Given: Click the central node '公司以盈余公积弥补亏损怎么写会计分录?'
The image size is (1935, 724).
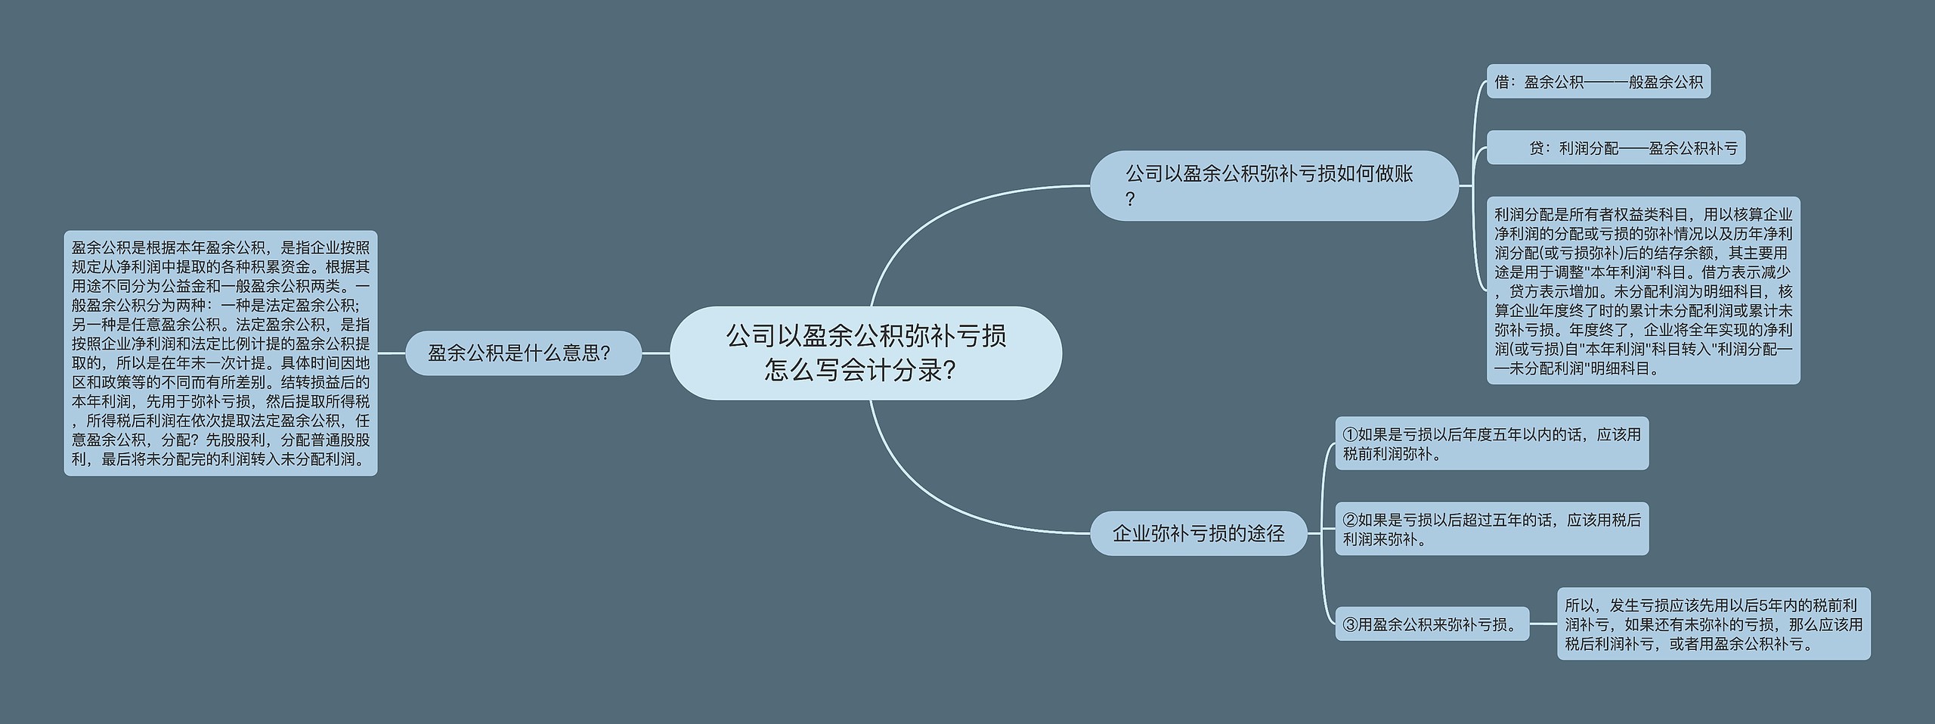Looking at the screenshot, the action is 865,353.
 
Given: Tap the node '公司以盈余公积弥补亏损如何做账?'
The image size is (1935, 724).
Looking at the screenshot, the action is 1274,185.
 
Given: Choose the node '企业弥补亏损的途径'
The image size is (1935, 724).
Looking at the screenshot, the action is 1198,533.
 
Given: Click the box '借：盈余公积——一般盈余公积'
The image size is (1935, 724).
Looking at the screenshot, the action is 1598,82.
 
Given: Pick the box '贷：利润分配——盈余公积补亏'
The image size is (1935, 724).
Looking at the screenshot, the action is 1616,148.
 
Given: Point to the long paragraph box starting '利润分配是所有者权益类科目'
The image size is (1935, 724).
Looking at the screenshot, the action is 1643,291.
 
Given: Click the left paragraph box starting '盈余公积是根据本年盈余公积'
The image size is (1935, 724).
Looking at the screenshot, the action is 220,353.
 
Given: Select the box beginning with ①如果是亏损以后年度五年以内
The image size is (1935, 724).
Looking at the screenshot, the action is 1491,443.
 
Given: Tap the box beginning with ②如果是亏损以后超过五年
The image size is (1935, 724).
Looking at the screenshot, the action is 1491,529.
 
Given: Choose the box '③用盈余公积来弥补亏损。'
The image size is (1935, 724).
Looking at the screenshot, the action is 1432,624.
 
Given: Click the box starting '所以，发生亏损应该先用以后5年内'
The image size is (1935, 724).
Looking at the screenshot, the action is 1713,624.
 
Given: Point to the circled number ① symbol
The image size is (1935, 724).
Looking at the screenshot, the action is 1351,435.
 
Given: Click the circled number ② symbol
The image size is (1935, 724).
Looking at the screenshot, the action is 1351,520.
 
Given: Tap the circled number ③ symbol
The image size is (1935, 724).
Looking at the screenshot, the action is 1351,625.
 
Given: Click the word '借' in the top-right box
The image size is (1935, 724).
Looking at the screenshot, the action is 1502,82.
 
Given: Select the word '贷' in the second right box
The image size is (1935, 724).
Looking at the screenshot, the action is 1537,148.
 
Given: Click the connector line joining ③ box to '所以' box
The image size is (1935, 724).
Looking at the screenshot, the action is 1543,624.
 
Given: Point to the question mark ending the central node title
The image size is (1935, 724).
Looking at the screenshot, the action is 951,371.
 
